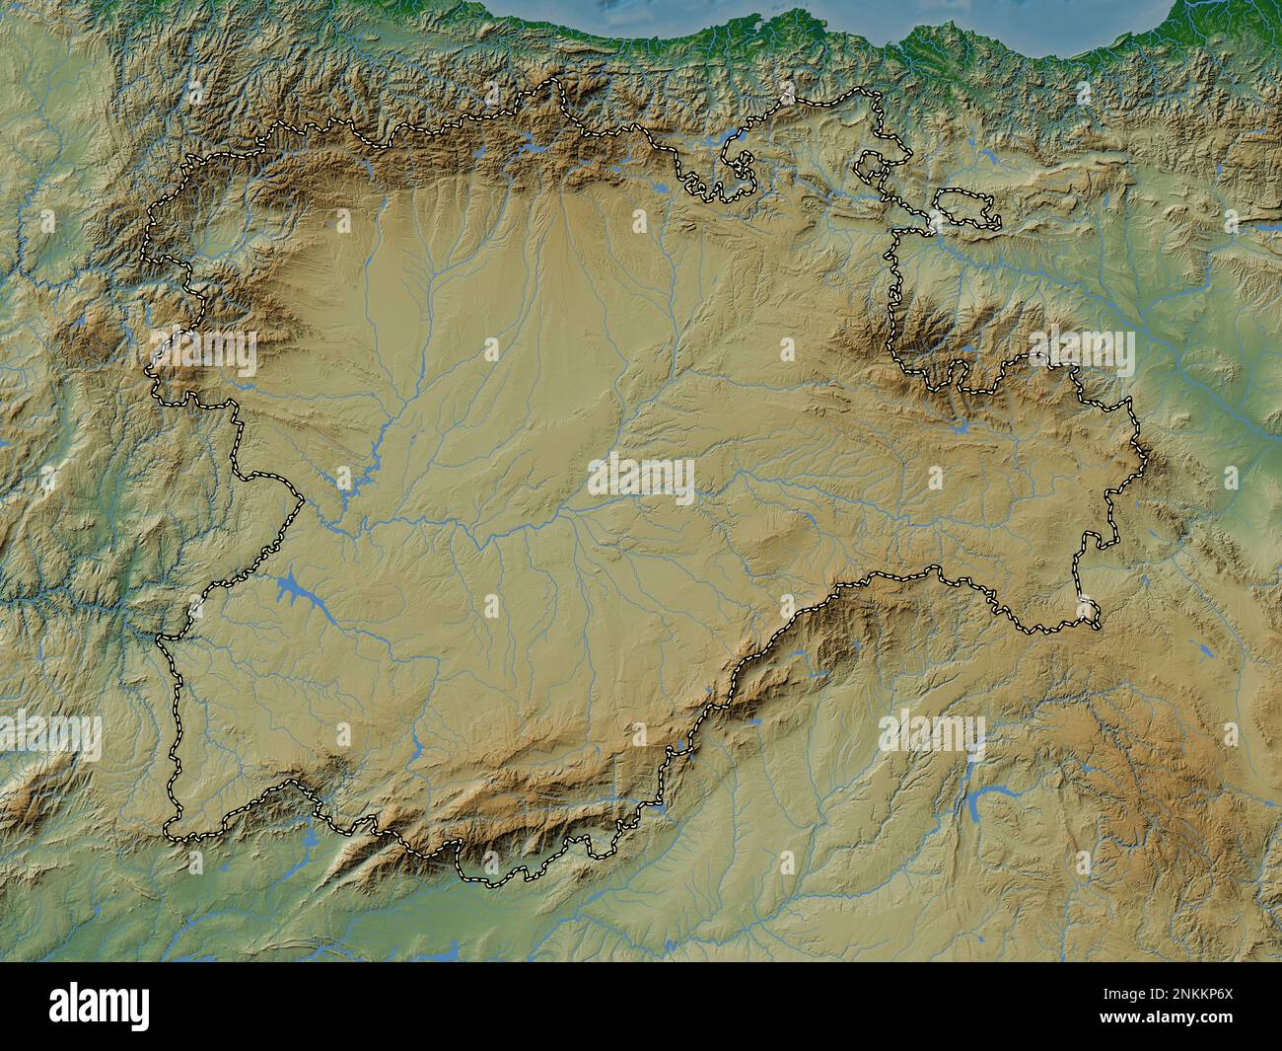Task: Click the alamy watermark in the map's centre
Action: click(x=641, y=479)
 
